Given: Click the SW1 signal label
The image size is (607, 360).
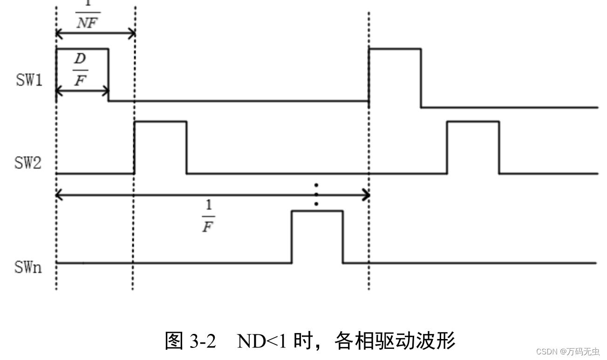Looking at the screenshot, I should (29, 80).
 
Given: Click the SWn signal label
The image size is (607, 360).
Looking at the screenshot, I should (28, 267).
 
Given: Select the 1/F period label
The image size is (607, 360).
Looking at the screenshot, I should (208, 217).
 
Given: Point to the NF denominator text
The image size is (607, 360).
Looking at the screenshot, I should (87, 23).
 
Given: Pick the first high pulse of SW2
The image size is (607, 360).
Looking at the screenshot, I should (160, 122).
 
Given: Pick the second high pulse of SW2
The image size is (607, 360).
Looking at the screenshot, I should (473, 122).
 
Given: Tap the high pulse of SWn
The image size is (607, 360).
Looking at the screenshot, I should (317, 212).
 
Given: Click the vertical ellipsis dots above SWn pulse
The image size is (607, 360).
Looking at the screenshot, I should (316, 194).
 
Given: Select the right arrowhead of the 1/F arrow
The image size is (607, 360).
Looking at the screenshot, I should (366, 196).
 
